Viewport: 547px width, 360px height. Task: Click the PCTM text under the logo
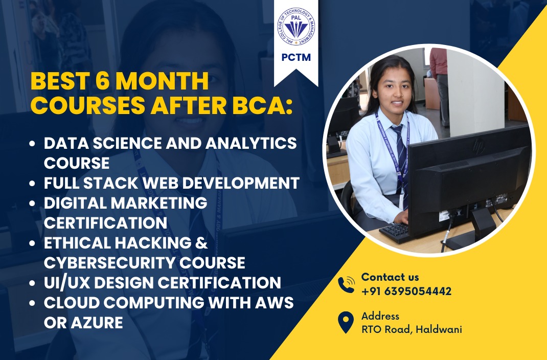pos(296,57)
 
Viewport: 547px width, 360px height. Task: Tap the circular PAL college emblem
pos(296,26)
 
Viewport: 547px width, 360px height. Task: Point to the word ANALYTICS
pos(251,143)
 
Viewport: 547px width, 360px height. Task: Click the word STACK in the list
pos(110,183)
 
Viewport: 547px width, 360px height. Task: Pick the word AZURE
pos(97,322)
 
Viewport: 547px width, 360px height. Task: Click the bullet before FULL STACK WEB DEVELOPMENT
pos(32,183)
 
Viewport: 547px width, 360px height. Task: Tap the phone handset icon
pos(346,284)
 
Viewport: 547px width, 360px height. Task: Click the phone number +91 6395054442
pos(406,291)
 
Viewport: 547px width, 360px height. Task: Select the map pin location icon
pos(346,322)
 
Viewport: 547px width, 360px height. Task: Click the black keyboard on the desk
pos(395,233)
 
